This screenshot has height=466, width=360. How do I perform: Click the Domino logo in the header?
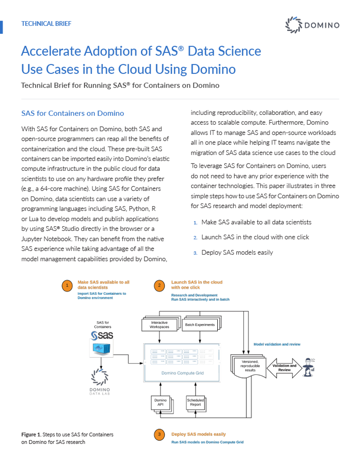pyautogui.click(x=313, y=25)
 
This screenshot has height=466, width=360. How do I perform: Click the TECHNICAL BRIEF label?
pyautogui.click(x=46, y=23)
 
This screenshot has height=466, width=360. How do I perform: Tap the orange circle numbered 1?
pyautogui.click(x=66, y=286)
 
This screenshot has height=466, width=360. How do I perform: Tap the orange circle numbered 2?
pyautogui.click(x=159, y=286)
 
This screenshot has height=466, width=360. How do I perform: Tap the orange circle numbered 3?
pyautogui.click(x=159, y=435)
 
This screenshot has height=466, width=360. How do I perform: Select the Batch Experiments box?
pyautogui.click(x=200, y=325)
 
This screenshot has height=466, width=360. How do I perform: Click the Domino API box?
pyautogui.click(x=161, y=402)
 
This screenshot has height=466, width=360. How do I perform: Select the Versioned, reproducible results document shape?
pyautogui.click(x=248, y=365)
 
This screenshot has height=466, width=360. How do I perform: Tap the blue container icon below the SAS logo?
pyautogui.click(x=102, y=349)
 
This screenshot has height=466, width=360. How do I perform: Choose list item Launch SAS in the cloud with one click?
pyautogui.click(x=255, y=237)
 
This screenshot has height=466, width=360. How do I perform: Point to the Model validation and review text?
pyautogui.click(x=277, y=344)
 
